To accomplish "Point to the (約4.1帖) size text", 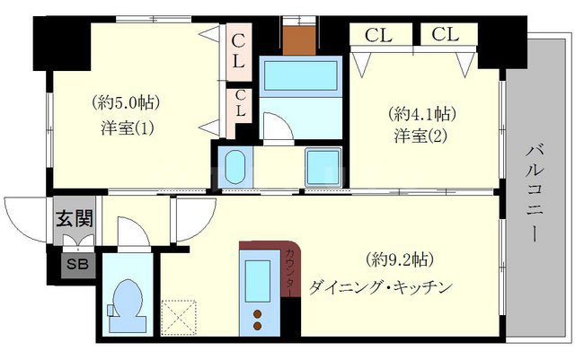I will point(422,114).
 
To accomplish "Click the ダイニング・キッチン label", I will point(378,287).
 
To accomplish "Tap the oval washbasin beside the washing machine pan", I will point(236,168).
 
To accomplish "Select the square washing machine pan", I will point(322,167).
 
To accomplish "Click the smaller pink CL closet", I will point(240,110).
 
